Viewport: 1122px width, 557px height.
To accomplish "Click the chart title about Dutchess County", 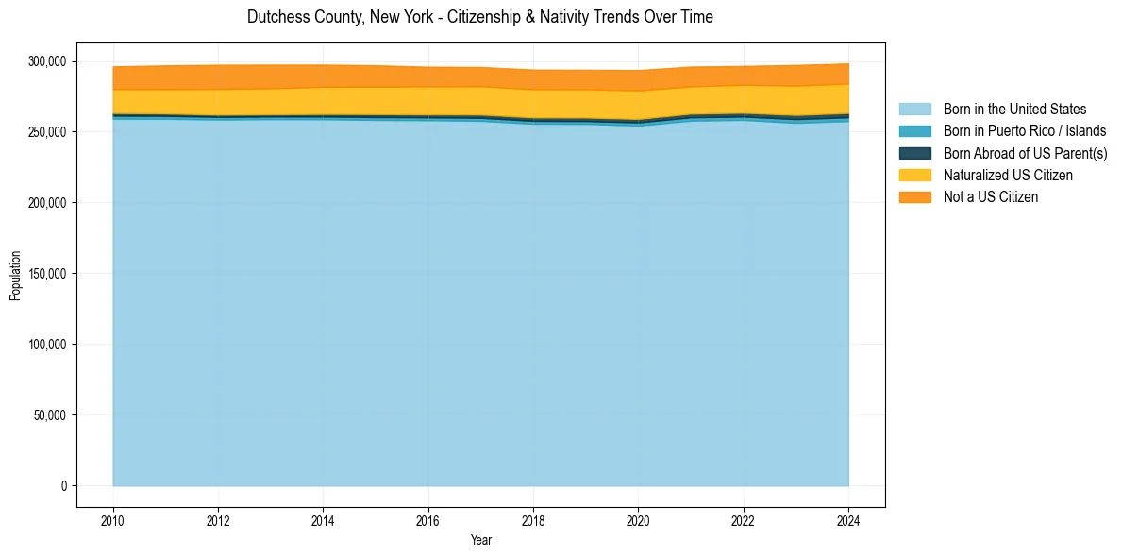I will coord(479,17).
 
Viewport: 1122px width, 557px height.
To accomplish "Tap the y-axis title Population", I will coord(15,276).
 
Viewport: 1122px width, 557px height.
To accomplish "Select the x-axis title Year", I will coord(480,541).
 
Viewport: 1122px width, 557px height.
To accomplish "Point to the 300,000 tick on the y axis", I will coord(47,61).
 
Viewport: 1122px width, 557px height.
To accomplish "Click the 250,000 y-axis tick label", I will coord(47,132).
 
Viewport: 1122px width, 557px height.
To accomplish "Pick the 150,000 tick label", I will coord(47,274).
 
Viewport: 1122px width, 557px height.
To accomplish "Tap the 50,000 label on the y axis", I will coord(50,415).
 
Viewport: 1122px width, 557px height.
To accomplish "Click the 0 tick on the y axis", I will coord(64,486).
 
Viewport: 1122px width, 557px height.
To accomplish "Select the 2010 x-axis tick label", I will coord(113,520).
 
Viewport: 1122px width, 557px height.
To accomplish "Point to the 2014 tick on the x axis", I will coord(323,520).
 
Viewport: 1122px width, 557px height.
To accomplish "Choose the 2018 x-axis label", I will coord(533,520).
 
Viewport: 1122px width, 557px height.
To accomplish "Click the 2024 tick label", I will coord(848,520).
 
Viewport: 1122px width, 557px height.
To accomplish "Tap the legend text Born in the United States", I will coord(1014,110).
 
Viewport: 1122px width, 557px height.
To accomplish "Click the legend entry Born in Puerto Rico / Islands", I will coord(1025,131).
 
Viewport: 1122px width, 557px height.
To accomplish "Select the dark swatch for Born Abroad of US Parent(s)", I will coord(914,153).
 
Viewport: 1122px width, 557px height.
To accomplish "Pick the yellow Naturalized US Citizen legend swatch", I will coord(914,175).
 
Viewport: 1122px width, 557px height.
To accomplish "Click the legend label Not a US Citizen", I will coord(991,197).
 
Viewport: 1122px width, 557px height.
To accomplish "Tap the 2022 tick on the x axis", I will coord(744,520).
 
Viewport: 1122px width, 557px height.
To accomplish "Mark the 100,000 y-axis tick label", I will coord(47,345).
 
